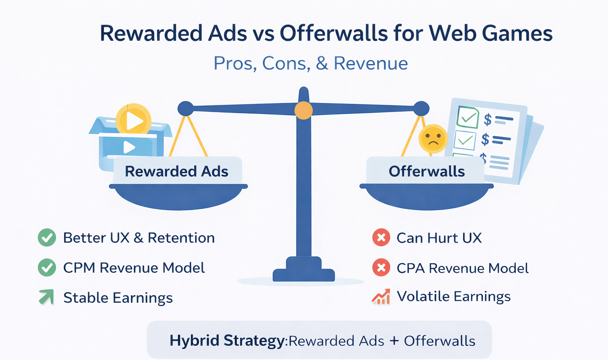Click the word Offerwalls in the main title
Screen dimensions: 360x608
[334, 33]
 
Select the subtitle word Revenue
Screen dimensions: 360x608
[370, 63]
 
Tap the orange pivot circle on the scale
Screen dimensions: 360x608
[304, 110]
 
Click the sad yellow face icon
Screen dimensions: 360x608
[433, 139]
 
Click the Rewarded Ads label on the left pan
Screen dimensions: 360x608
[177, 171]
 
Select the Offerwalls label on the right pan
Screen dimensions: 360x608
[426, 171]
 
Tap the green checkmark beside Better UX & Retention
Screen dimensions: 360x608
[47, 238]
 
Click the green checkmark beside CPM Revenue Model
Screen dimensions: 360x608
[47, 268]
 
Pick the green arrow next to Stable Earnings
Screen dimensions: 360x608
[47, 297]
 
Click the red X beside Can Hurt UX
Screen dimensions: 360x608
[381, 238]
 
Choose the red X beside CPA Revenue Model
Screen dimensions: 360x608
[381, 268]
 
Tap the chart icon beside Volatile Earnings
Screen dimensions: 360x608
[381, 297]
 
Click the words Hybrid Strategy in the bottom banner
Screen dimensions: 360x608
[227, 341]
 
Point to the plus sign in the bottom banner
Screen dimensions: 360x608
[394, 341]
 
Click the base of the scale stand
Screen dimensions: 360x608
[304, 273]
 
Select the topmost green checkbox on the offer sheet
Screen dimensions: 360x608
[468, 117]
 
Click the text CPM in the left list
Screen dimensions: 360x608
[79, 268]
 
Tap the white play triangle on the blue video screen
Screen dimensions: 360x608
[129, 147]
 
